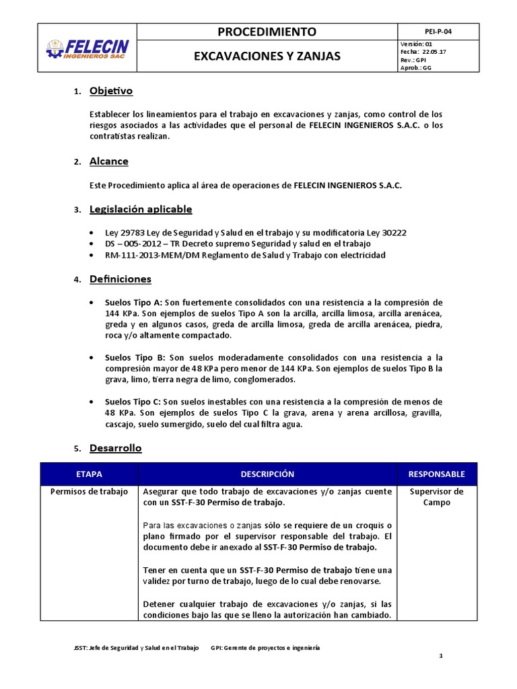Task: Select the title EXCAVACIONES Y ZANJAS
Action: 267,57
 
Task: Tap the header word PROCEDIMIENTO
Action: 267,32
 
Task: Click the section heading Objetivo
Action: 111,91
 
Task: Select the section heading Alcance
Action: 108,161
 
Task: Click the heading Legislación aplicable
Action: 141,209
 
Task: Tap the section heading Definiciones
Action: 120,279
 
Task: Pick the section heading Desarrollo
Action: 116,448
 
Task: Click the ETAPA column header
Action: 90,474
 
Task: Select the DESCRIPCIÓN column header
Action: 267,474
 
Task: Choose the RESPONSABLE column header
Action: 436,474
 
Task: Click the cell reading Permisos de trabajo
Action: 90,492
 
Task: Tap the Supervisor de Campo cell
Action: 436,497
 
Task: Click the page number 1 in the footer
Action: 440,655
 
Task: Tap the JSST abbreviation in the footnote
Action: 80,647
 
